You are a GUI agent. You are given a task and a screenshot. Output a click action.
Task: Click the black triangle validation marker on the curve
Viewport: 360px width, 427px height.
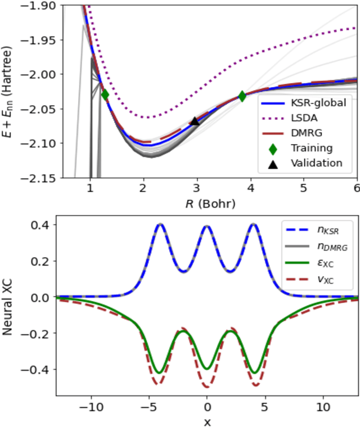click(x=195, y=120)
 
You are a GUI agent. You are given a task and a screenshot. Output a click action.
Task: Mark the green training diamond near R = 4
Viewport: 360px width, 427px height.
click(x=242, y=96)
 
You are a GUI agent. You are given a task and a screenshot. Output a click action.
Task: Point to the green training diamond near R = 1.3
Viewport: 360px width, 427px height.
click(x=105, y=95)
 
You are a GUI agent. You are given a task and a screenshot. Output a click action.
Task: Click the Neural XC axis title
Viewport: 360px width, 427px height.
click(x=9, y=315)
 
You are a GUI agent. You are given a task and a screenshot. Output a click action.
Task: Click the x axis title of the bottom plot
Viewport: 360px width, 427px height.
click(x=208, y=421)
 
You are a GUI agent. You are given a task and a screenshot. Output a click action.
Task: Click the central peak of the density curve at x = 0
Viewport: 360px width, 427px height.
click(x=207, y=226)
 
